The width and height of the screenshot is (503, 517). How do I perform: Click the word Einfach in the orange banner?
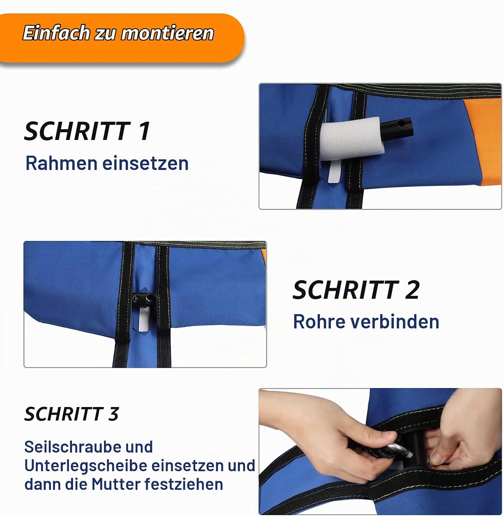(56, 33)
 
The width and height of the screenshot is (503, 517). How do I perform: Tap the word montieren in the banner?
(168, 33)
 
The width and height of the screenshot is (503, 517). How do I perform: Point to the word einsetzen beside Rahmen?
(146, 163)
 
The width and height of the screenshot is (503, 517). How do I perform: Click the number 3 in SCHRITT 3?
(114, 414)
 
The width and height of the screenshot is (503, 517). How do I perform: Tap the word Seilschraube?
(88, 447)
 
